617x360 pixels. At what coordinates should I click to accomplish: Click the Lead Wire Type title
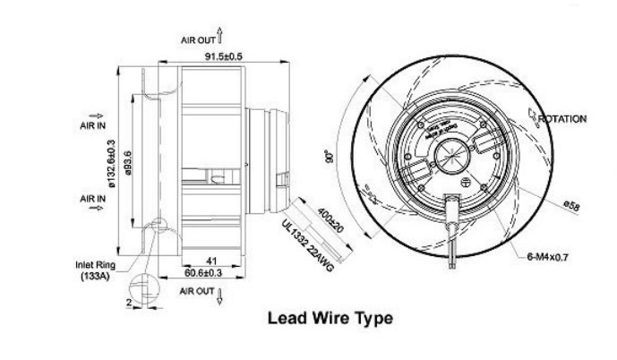click(x=330, y=318)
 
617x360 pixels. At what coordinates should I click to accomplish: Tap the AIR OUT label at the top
click(x=200, y=39)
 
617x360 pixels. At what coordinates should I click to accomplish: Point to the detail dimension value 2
click(x=129, y=304)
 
